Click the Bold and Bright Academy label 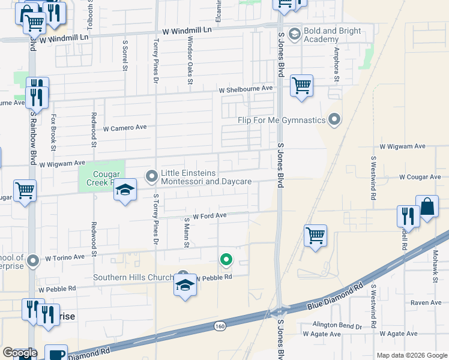click(333, 35)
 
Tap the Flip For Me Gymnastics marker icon click(335, 120)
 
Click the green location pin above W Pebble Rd click(226, 260)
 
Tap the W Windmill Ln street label click(187, 29)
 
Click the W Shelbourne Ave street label click(246, 88)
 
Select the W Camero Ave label click(125, 128)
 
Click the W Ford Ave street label click(209, 215)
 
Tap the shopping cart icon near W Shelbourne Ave click(301, 85)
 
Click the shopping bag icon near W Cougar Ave click(427, 207)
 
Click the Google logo click(20, 353)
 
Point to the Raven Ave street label click(426, 303)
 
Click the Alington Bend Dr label click(337, 326)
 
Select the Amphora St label click(337, 65)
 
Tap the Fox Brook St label click(53, 132)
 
